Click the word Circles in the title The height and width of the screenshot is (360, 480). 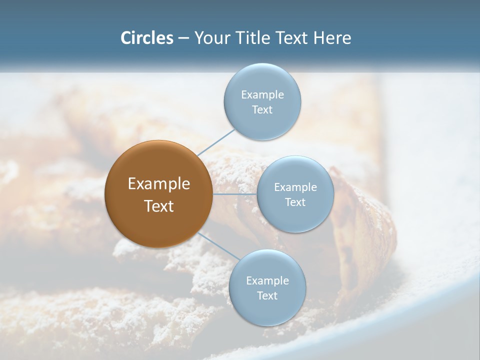[146, 38]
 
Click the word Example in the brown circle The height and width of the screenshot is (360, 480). [159, 184]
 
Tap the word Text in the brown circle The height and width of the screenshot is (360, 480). [159, 206]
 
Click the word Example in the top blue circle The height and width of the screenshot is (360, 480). [262, 95]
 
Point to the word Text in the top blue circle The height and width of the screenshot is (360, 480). [262, 110]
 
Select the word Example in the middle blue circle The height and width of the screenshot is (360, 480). [295, 187]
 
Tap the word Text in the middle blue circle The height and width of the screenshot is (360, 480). [295, 202]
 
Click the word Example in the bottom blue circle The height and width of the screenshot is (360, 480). [267, 281]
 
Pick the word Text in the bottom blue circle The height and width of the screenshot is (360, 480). [267, 296]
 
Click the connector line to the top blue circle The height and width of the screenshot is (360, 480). [216, 142]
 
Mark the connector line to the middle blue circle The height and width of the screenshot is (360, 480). [235, 194]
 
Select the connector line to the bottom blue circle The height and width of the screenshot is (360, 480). [218, 246]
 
